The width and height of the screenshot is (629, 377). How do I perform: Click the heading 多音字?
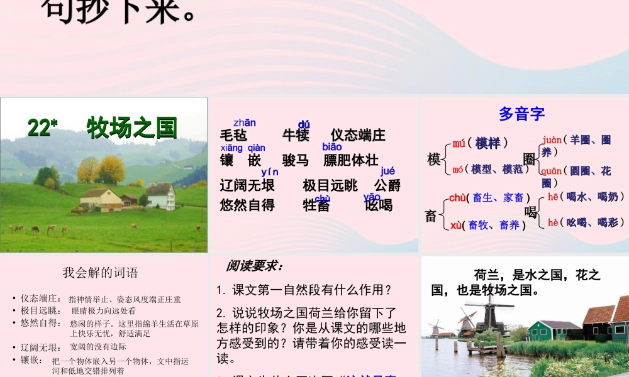pos(521,114)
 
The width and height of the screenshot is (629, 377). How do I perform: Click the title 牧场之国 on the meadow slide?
pos(132,128)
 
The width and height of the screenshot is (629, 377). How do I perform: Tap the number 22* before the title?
pos(42,128)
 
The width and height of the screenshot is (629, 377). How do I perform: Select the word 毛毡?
pos(233,136)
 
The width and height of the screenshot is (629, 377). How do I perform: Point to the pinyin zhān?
pos(245,123)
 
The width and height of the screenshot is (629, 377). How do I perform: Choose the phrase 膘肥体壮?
pos(351,160)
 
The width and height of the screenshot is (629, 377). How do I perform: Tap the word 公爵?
pos(387,185)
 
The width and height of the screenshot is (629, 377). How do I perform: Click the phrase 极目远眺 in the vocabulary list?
pos(330,185)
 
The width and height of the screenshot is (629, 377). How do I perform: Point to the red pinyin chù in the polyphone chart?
pos(457,198)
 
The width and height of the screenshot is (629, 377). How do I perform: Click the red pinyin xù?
pos(457,225)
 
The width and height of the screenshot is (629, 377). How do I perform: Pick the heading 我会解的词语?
pos(100,273)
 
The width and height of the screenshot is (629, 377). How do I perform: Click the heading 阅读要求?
pos(255,266)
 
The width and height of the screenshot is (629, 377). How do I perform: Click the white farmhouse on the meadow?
pos(161,197)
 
